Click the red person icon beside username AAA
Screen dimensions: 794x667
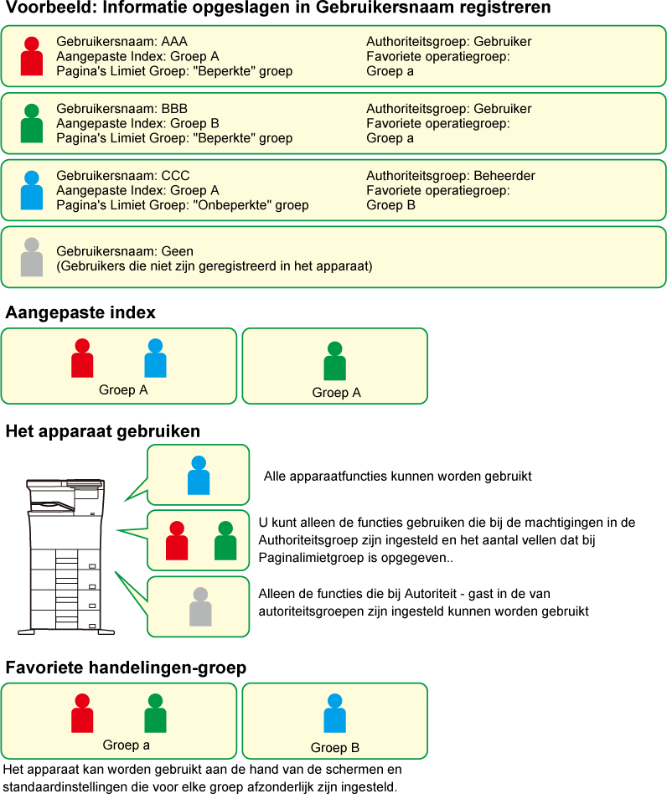tap(32, 57)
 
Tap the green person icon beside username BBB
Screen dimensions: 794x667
tap(32, 124)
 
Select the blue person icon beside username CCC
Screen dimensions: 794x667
tap(32, 190)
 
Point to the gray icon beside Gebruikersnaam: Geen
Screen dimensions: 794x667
tap(32, 258)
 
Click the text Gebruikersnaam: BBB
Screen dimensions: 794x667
tap(122, 109)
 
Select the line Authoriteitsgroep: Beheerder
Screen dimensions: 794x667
tap(450, 176)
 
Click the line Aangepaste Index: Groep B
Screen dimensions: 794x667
tap(137, 123)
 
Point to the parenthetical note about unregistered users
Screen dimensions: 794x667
tap(215, 266)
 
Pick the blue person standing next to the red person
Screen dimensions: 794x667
tap(155, 358)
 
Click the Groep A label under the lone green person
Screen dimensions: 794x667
tap(336, 393)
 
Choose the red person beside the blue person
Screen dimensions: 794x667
tap(82, 358)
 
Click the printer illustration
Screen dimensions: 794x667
tap(66, 553)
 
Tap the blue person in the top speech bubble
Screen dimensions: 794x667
tap(199, 475)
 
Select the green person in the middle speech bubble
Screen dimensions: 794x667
tap(225, 541)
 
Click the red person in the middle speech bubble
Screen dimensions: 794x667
tap(177, 541)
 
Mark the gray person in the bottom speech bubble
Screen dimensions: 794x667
tap(200, 607)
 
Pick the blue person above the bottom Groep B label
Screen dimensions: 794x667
tap(335, 714)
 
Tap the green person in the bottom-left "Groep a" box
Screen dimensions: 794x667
tap(155, 714)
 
